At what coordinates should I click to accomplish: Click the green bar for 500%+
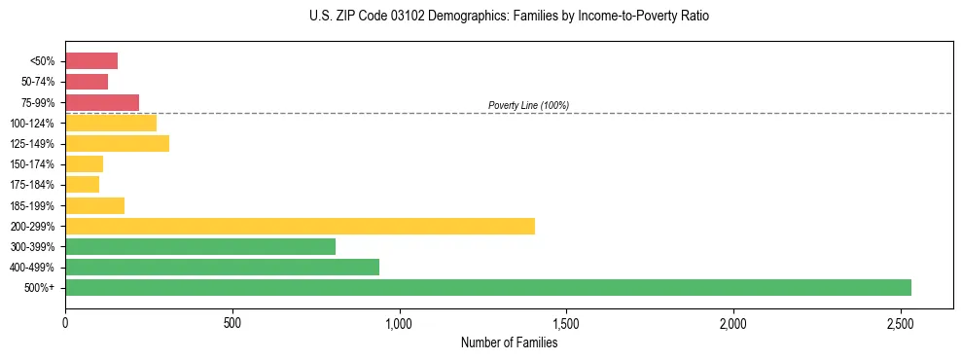(487, 287)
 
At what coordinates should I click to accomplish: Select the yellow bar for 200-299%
(300, 226)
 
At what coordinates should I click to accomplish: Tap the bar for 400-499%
(222, 267)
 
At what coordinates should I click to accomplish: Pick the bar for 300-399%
(200, 246)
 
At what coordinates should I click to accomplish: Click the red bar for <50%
(91, 61)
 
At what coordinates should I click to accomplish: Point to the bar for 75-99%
(102, 102)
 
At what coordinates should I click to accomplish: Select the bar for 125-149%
(117, 143)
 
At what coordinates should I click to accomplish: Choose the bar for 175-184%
(82, 184)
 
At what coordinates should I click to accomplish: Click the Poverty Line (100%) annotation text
(528, 105)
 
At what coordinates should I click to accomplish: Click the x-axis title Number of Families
(509, 342)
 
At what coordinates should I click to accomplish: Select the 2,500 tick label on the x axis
(900, 322)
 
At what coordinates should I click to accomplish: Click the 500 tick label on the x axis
(232, 322)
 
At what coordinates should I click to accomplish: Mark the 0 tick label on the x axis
(65, 322)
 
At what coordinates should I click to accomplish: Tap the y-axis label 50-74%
(38, 82)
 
